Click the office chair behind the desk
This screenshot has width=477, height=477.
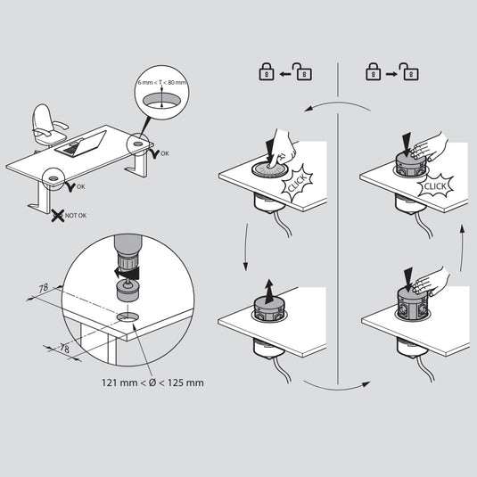click(x=45, y=125)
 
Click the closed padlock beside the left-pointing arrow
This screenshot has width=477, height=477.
click(x=266, y=73)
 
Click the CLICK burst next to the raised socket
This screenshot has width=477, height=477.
click(x=436, y=185)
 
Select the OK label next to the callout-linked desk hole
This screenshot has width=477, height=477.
click(x=163, y=154)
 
